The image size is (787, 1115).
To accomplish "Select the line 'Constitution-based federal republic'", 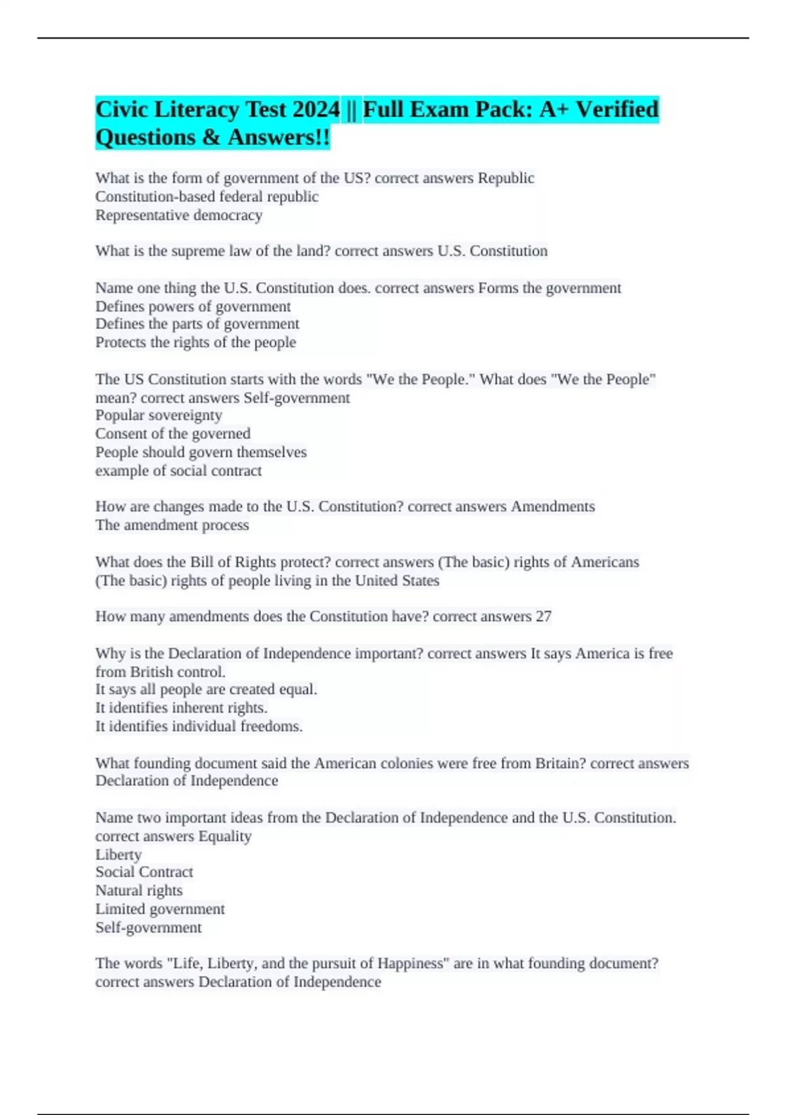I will coord(207,197).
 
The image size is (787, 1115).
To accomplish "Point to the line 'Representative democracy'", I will coord(178,215).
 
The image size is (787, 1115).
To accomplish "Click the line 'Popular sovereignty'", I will coord(159,415).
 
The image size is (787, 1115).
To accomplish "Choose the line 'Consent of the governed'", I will coord(172,434).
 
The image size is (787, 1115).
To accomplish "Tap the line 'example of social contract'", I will coord(178,471).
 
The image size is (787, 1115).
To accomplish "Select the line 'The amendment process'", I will coord(172,525).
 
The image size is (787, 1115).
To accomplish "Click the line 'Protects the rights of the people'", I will coord(195,342).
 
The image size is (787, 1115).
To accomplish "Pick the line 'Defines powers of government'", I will coord(193,306).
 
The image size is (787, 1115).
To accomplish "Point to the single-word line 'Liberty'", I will coord(118,855).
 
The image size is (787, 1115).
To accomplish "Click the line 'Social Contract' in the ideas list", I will coord(144,872).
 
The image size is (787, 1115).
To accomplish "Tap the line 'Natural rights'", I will coord(139,891).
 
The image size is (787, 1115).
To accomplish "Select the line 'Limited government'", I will coord(160,909).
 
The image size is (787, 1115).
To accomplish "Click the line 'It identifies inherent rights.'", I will coord(181,708).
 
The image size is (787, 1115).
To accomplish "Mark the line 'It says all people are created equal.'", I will coord(206,689).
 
